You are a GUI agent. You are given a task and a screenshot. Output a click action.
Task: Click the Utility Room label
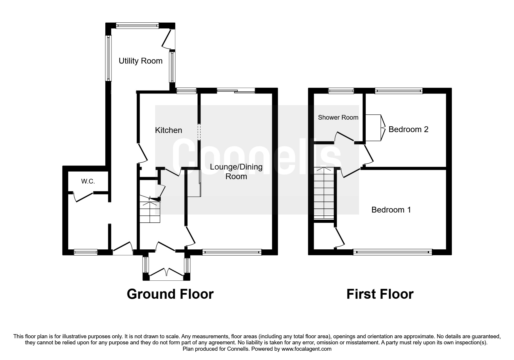(140, 61)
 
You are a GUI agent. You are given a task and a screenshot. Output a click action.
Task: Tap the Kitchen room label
(168, 130)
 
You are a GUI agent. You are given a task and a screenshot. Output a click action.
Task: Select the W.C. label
(88, 181)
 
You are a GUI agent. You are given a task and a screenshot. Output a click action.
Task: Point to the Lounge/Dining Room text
(236, 172)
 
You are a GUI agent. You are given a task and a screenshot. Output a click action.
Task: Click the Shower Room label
(338, 117)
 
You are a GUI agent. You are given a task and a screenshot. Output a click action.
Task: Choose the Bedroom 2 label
(408, 129)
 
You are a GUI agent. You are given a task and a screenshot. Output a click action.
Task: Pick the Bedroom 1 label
(391, 210)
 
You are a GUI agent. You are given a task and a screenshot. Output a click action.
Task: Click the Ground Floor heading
(170, 294)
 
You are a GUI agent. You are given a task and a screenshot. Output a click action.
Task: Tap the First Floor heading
(380, 294)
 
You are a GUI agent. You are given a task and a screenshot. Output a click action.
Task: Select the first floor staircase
(324, 193)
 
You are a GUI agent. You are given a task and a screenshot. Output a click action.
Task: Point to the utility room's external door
(168, 39)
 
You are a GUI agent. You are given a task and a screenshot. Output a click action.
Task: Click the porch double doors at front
(167, 273)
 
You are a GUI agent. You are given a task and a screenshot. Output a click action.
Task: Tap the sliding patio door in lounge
(236, 91)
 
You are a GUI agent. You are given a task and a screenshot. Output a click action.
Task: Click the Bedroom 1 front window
(392, 252)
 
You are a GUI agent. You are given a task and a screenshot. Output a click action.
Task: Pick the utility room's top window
(137, 26)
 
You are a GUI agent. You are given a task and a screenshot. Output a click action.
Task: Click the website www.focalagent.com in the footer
(306, 349)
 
